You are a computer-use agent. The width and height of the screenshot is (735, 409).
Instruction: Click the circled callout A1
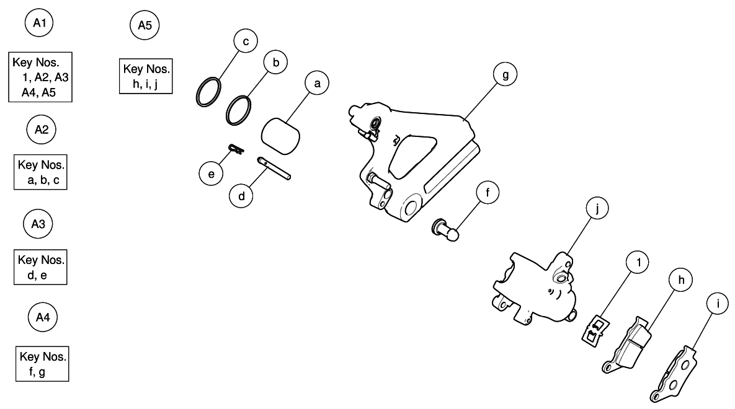click(39, 25)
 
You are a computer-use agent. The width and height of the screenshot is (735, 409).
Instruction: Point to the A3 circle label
click(40, 224)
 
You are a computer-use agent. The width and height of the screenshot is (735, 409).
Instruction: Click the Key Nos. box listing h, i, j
click(146, 76)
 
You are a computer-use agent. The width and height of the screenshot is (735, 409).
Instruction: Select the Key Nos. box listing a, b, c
click(40, 171)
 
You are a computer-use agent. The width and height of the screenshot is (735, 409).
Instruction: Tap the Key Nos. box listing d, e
click(40, 267)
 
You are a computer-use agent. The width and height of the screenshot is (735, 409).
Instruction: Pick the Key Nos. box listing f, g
click(42, 364)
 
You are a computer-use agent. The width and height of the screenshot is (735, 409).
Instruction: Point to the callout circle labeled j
click(596, 210)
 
